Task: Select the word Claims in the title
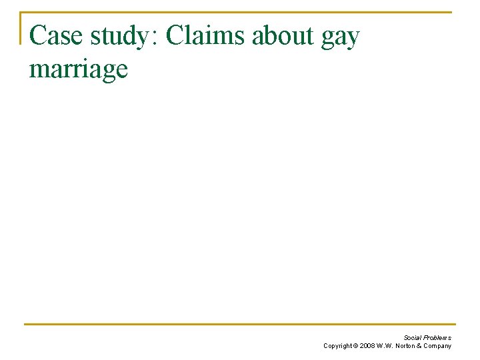[x=205, y=36]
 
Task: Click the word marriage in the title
[x=79, y=69]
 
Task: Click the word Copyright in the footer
[x=338, y=346]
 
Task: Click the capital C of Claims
[x=175, y=36]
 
